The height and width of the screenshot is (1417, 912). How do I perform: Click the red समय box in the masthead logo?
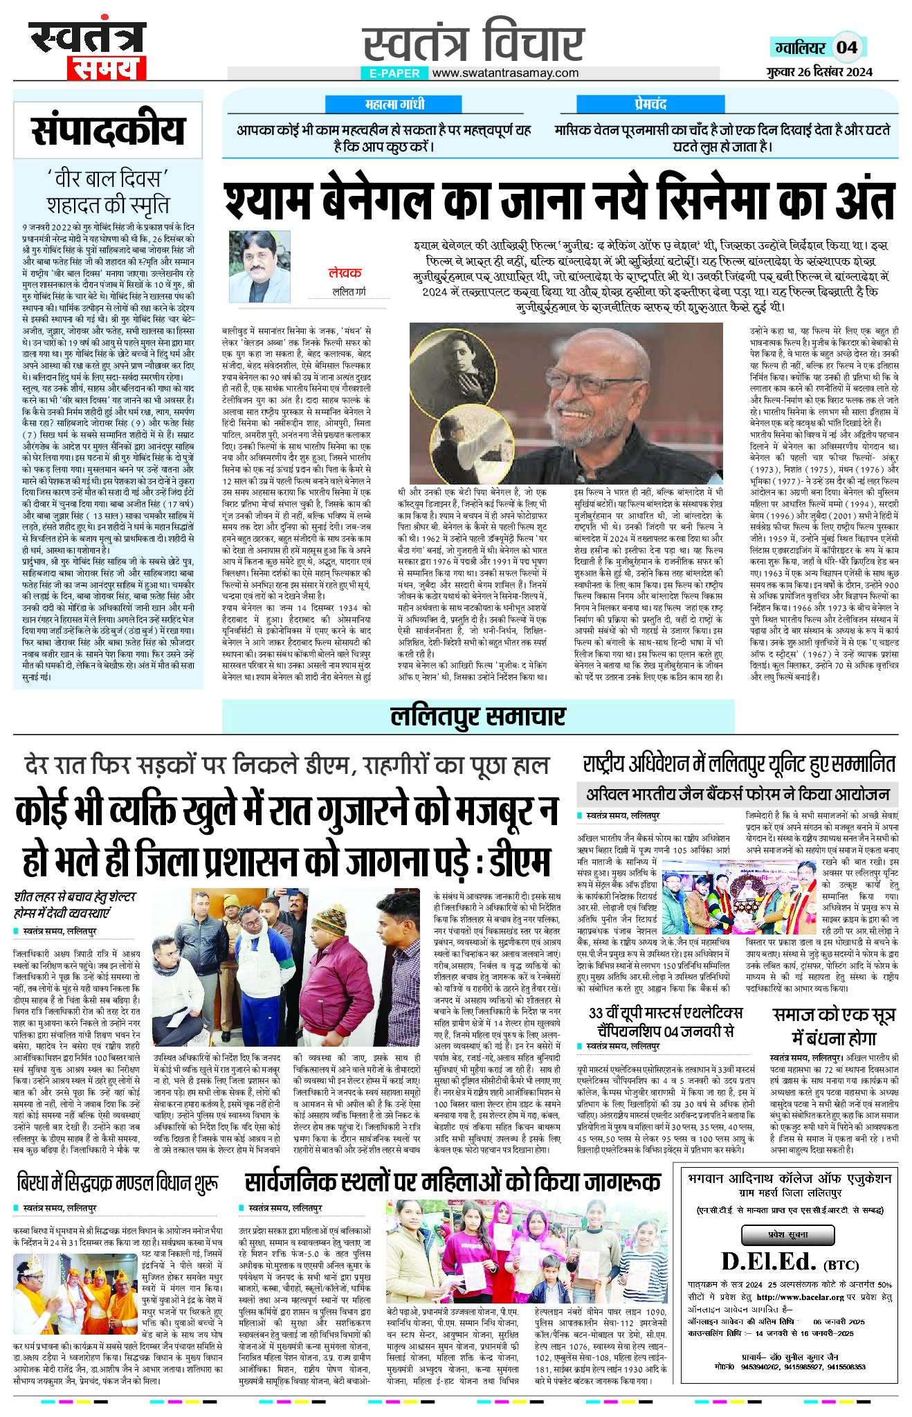(x=107, y=69)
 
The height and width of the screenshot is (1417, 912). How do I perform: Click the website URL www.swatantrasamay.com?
(x=505, y=73)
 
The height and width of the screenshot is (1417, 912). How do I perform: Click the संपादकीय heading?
(x=108, y=131)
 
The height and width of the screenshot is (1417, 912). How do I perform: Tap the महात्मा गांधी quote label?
(x=395, y=105)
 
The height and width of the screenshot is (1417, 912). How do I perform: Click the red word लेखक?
(x=345, y=273)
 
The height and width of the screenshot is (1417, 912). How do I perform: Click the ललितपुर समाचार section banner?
(x=477, y=716)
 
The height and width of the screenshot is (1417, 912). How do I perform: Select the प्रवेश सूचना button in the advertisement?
(x=787, y=1234)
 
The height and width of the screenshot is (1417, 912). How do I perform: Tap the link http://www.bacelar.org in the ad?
(x=800, y=1297)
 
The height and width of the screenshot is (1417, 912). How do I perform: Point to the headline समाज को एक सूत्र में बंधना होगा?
(x=834, y=1026)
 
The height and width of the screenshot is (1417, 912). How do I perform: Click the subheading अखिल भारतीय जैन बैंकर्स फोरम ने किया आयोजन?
(x=737, y=794)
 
